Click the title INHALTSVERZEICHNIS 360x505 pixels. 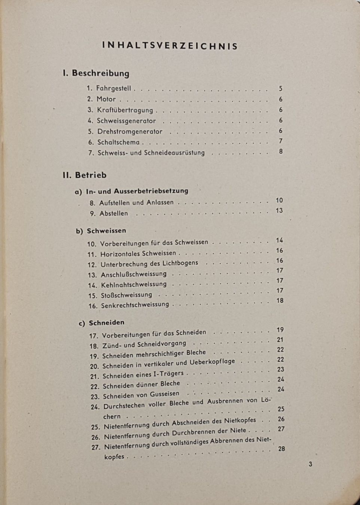click(x=170, y=46)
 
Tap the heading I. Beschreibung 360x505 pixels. click(x=96, y=73)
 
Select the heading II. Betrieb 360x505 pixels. click(x=85, y=175)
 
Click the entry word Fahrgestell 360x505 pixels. click(x=114, y=89)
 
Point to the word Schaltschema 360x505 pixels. click(x=118, y=142)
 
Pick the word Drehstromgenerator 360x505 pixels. click(x=130, y=132)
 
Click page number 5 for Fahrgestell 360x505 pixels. click(x=281, y=89)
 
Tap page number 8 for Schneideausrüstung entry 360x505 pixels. click(x=281, y=151)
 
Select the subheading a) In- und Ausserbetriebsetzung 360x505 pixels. click(x=132, y=191)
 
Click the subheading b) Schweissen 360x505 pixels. click(x=101, y=231)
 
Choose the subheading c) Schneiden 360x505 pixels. click(x=101, y=322)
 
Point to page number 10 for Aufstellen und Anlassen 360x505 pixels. click(x=280, y=201)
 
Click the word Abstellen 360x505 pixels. click(x=114, y=214)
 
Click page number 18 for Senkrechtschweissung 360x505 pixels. click(x=280, y=300)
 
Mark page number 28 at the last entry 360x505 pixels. click(x=281, y=449)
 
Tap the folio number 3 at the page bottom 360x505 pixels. click(x=310, y=464)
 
